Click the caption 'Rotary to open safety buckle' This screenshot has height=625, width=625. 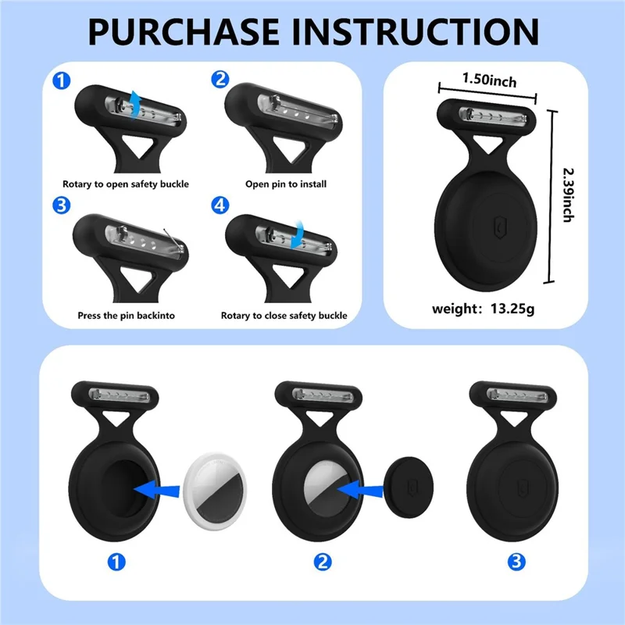click(x=126, y=184)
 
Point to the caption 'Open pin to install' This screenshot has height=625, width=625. click(x=286, y=184)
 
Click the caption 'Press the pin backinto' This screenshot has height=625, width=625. click(x=126, y=316)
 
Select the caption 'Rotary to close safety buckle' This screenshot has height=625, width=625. click(x=286, y=316)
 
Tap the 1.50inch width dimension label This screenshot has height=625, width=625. click(x=489, y=80)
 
